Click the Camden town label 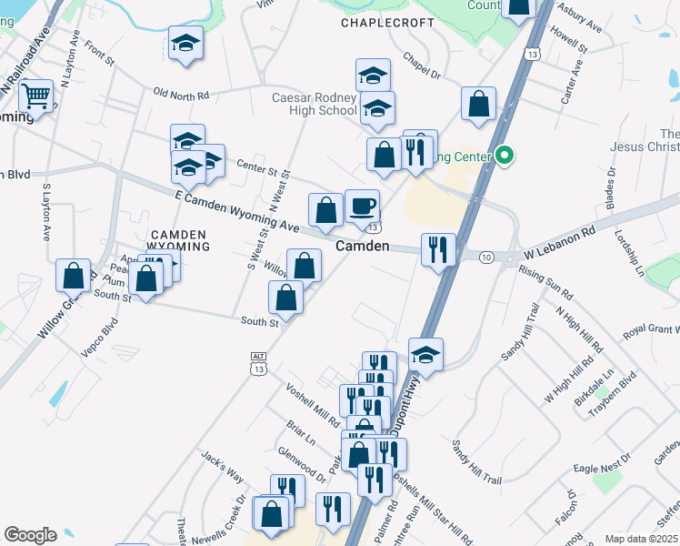coord(363,247)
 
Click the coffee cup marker coord(362,206)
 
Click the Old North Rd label coord(182,94)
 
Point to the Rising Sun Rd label coord(545,282)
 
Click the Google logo coord(30,535)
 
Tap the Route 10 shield coord(487,258)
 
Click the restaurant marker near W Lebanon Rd coord(439,248)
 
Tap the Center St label coord(257,166)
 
